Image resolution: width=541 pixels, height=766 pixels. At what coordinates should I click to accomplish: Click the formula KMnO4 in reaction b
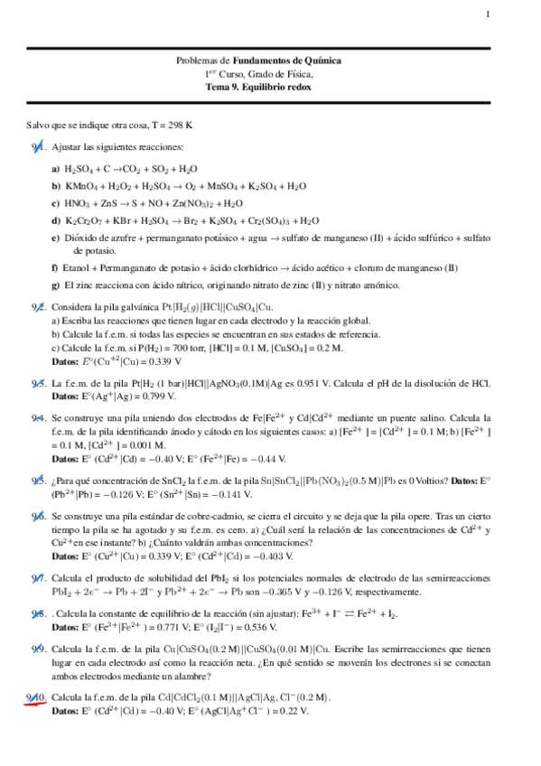click(79, 186)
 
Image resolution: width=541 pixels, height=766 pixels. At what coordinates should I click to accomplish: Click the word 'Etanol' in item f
click(76, 268)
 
